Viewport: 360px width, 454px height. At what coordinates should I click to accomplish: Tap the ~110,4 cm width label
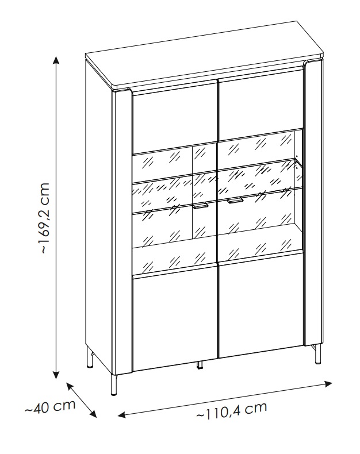232,410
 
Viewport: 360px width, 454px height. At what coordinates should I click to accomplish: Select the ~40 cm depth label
50,407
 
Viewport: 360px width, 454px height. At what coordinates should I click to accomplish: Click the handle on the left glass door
201,206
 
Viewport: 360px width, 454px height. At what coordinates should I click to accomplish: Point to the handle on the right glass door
235,201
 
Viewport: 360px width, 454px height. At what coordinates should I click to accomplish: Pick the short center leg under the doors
199,364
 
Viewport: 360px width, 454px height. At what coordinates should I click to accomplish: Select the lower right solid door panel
260,311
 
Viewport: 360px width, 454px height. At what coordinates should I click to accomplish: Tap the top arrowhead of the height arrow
56,59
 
